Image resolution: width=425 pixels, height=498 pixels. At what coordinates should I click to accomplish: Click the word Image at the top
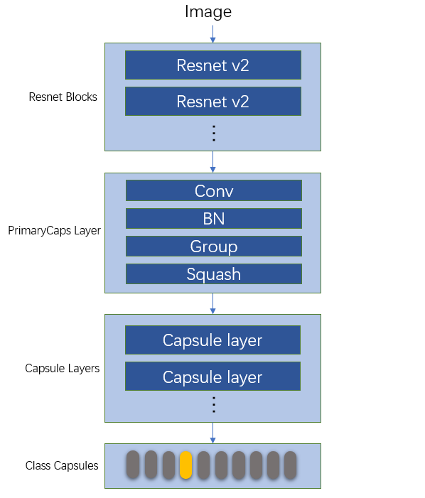(x=208, y=12)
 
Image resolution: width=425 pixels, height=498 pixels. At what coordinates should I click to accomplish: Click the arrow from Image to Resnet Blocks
(x=212, y=33)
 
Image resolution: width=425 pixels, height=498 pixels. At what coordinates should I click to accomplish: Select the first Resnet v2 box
(x=213, y=65)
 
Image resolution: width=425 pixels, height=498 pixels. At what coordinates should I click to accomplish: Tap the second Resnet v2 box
(x=213, y=102)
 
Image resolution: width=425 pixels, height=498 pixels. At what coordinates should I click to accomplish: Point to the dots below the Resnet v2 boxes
(x=213, y=133)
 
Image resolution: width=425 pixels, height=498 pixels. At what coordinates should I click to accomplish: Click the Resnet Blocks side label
(x=63, y=97)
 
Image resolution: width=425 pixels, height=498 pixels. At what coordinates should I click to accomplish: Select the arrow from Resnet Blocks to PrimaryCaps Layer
(x=212, y=161)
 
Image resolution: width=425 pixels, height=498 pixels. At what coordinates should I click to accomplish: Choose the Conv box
(x=213, y=191)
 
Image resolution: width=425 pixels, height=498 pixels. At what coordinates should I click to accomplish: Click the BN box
(x=213, y=219)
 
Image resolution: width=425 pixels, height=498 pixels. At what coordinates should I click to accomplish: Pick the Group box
(x=213, y=247)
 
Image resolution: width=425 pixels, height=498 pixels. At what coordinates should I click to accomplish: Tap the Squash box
(x=213, y=274)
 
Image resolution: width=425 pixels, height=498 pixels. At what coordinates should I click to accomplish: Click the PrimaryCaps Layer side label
(x=54, y=231)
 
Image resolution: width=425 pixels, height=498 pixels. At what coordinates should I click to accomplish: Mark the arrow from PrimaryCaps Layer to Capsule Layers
(x=212, y=303)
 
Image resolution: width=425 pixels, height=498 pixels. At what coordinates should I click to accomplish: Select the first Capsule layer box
(x=212, y=340)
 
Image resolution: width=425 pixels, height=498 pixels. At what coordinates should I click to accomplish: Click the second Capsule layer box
(x=212, y=377)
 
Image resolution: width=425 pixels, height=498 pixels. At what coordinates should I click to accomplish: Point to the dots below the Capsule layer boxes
(x=213, y=405)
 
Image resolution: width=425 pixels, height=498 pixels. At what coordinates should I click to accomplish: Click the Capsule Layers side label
(x=62, y=369)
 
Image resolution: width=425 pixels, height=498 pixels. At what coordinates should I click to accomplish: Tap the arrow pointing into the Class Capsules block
(x=212, y=433)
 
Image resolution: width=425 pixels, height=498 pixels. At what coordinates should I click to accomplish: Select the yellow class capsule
(x=185, y=465)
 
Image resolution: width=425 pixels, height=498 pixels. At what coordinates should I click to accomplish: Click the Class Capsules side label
(x=62, y=466)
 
